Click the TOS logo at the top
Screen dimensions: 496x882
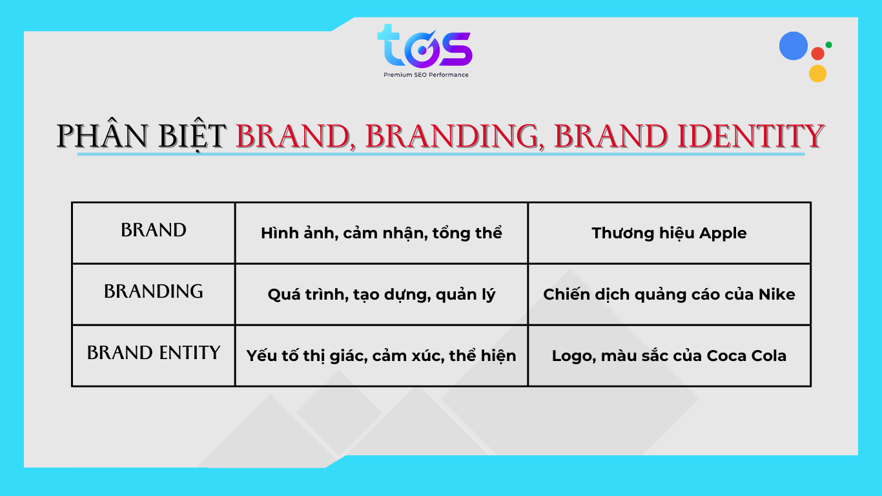424,46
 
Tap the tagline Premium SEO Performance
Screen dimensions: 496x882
426,75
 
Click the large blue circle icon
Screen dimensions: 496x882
794,46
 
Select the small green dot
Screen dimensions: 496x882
828,45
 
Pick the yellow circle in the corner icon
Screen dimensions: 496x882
817,73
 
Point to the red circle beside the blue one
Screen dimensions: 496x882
817,54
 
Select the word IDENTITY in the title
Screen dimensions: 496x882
750,136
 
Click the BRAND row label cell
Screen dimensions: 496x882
154,231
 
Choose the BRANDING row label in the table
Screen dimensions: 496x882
154,292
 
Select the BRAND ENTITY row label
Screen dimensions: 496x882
154,353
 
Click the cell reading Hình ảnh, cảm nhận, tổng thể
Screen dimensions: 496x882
381,233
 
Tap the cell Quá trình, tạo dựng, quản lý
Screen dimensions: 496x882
381,294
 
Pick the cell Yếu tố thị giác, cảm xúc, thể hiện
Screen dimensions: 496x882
381,356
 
